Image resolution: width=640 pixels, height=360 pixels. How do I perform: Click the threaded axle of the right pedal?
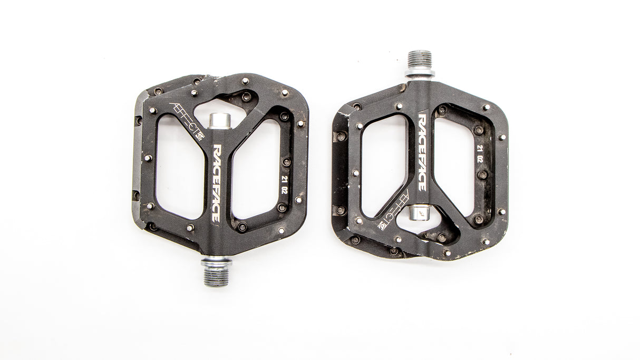[420, 59]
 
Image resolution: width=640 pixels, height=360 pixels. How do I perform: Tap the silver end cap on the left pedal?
[220, 121]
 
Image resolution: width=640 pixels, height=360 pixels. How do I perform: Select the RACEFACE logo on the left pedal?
[217, 183]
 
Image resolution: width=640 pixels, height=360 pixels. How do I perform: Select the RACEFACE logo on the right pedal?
[423, 152]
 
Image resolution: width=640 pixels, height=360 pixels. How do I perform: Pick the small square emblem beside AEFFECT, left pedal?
[200, 136]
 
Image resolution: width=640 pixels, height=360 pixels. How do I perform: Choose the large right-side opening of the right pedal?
[455, 163]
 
